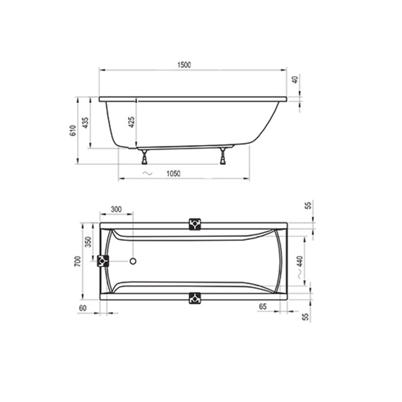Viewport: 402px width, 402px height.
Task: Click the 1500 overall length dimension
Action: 184,65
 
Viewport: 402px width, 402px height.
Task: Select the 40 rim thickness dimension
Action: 295,79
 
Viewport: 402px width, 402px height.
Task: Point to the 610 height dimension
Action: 72,131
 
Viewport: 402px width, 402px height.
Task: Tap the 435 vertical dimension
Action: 85,122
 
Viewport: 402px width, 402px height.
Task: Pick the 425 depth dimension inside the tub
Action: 131,122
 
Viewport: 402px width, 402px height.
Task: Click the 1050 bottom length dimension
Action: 174,174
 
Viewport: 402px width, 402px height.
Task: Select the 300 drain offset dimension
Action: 116,209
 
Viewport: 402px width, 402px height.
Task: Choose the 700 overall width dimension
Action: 77,261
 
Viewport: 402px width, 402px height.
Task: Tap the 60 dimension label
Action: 83,308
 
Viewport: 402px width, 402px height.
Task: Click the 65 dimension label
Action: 263,306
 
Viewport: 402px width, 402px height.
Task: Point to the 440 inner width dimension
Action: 300,260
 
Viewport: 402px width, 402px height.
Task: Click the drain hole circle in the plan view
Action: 133,261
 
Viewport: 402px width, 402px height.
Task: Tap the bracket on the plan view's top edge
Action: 194,224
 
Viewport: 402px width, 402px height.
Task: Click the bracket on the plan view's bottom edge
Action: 194,298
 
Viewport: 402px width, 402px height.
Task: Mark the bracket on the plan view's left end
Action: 103,261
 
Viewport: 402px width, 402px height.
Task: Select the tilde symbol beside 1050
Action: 148,174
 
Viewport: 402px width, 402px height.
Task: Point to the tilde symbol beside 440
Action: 300,274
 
